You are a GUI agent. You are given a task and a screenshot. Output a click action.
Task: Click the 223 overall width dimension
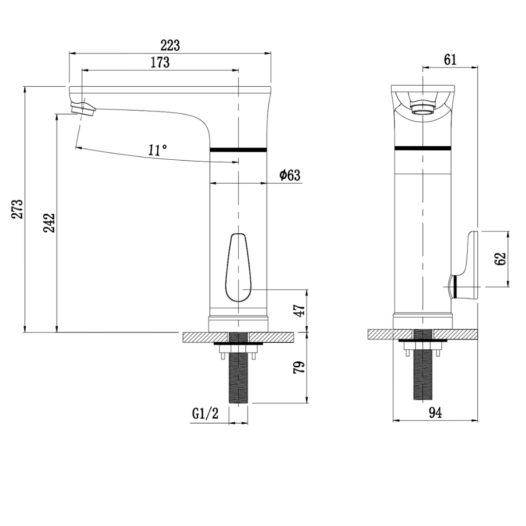tap(170, 45)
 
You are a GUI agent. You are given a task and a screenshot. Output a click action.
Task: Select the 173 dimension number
tap(160, 63)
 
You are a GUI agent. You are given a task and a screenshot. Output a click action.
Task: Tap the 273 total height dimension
tap(18, 209)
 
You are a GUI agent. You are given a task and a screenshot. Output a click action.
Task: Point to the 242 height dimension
tap(49, 223)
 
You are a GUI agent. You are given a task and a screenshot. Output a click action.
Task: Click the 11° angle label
tap(157, 150)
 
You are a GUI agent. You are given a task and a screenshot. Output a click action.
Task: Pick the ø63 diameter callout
tap(290, 175)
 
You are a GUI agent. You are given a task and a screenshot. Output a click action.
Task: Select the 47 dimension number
tap(299, 310)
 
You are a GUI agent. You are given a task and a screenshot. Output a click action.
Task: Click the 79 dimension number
tap(299, 367)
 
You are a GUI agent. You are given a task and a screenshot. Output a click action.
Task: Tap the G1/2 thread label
tap(205, 413)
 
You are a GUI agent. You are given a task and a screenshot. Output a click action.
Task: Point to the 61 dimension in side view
tap(450, 60)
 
